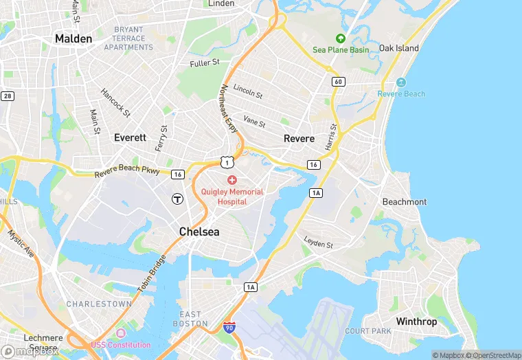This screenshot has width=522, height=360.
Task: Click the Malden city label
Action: click(x=73, y=38)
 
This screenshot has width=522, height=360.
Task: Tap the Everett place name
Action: click(x=130, y=137)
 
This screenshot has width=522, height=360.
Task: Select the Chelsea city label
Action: click(x=199, y=232)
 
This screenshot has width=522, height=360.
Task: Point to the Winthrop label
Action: click(x=416, y=322)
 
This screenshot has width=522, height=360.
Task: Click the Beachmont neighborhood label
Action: click(x=405, y=202)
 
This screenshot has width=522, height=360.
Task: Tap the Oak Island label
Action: click(x=399, y=49)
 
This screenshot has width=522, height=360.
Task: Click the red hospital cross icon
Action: click(x=232, y=179)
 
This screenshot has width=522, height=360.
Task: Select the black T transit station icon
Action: click(x=177, y=199)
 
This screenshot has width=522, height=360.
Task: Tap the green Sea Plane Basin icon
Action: click(x=340, y=38)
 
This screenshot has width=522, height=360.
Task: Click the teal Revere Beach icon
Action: click(x=401, y=82)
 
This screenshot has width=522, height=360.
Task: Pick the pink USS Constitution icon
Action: click(x=121, y=333)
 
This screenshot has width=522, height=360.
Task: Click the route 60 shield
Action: click(x=337, y=81)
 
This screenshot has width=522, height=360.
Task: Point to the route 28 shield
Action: click(x=8, y=95)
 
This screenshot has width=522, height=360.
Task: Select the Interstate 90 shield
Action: click(x=229, y=328)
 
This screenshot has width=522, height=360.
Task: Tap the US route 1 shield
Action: click(x=227, y=161)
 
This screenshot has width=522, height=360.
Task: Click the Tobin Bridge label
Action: click(x=152, y=275)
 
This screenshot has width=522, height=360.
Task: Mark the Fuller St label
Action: click(x=205, y=63)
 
